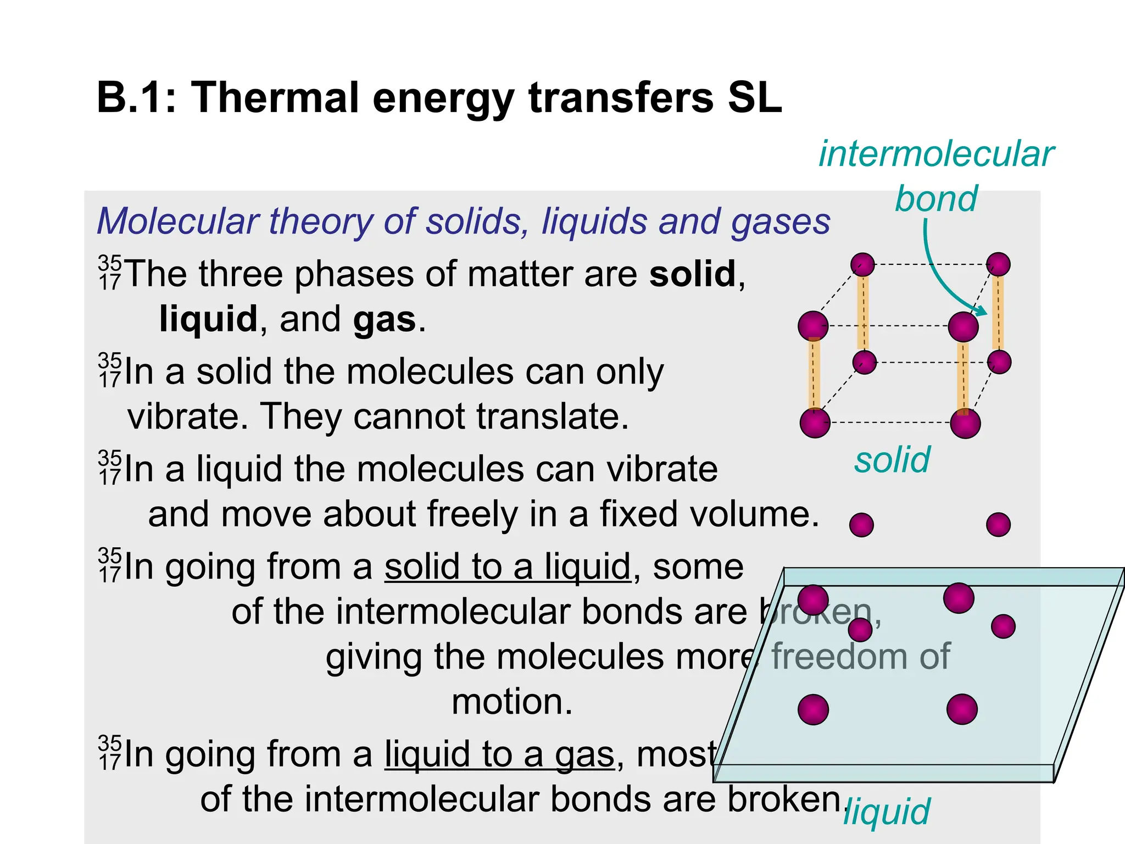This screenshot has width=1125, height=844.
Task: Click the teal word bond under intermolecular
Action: coord(936,198)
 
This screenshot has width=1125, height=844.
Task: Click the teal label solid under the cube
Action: coord(892,460)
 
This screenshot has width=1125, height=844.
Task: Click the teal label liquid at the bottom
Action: coord(886,812)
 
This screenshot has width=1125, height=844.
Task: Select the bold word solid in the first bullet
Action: coord(692,274)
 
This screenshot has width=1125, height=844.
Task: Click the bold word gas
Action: coord(385,319)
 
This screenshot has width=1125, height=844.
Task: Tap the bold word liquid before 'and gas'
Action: coord(208,319)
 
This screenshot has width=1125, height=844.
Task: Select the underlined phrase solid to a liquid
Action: coord(507,567)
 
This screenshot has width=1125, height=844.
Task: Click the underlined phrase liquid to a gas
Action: coord(499,754)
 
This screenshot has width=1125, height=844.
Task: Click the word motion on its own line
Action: coord(511,702)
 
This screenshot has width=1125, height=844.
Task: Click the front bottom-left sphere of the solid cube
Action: coord(815,423)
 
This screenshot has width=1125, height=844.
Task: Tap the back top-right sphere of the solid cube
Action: coord(998,264)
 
